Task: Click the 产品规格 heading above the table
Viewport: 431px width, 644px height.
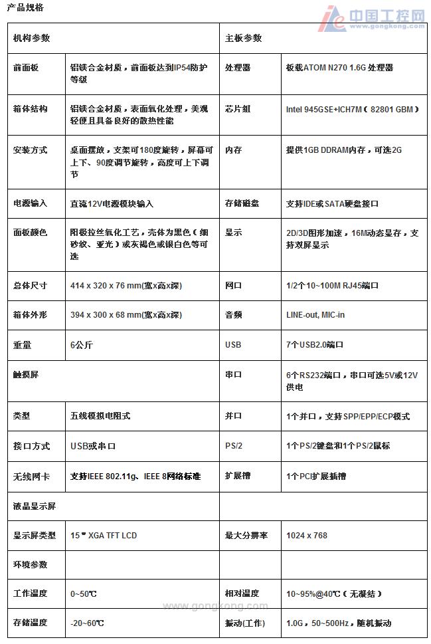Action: (25, 7)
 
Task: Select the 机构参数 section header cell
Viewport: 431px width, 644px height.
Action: (32, 39)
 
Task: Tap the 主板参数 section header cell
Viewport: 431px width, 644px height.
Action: (244, 39)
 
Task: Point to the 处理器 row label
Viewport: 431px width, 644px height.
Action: (238, 68)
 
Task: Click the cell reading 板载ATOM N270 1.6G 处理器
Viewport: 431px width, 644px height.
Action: (339, 68)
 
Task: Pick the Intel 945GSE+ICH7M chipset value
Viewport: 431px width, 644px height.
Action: (352, 109)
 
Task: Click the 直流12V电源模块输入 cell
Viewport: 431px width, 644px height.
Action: (112, 204)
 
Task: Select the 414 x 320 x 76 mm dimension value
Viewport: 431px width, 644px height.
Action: (126, 286)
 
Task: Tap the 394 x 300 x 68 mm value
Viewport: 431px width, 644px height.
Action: (126, 315)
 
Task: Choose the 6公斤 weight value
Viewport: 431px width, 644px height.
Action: (81, 345)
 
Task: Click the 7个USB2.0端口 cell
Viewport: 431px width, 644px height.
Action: (315, 345)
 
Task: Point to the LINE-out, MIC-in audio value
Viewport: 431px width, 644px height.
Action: (315, 315)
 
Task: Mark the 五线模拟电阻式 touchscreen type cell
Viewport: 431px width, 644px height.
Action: (100, 416)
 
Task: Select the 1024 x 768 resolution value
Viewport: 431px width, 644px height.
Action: (307, 535)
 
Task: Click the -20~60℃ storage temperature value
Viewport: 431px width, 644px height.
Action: (87, 623)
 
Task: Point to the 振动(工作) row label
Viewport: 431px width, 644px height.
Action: (245, 623)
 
